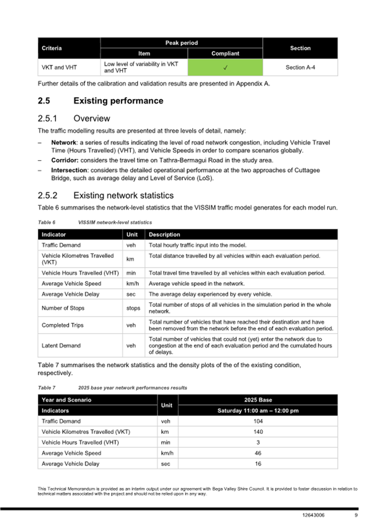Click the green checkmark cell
pos(225,67)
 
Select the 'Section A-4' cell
pos(300,67)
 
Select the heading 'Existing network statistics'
pos(123,195)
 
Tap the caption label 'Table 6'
pos(46,222)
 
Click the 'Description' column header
pos(164,235)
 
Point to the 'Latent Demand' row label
pos(61,345)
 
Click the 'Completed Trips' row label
pos(62,325)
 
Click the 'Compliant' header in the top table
pos(225,53)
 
